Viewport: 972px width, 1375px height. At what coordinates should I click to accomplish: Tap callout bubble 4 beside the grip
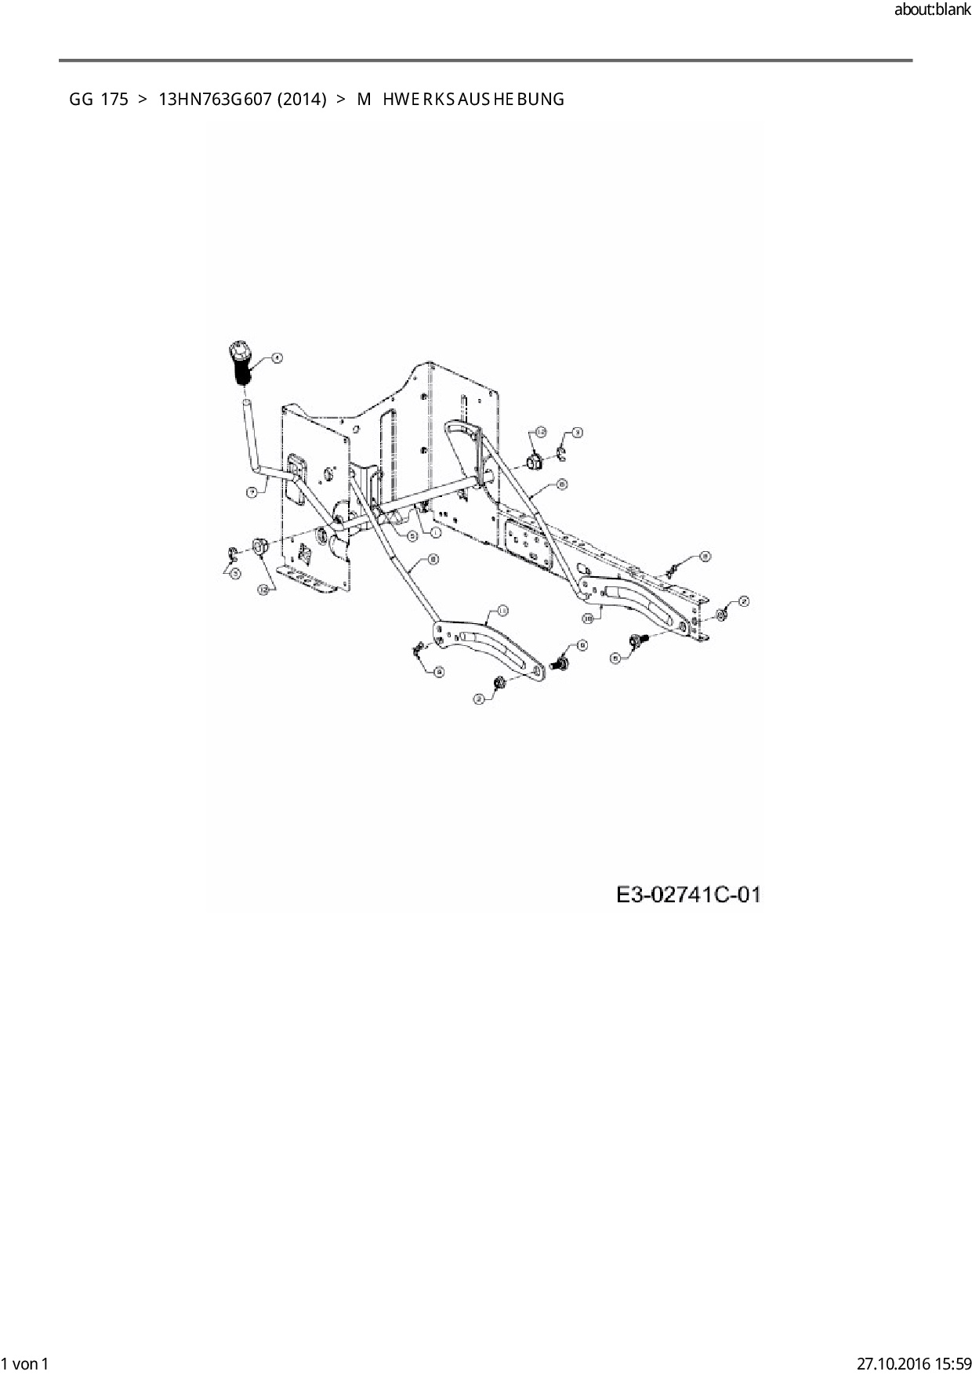276,358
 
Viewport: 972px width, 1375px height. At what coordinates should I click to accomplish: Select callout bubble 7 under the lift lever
252,492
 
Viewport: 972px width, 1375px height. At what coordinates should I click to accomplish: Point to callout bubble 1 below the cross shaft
435,531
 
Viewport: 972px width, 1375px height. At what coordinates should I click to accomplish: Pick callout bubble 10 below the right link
588,618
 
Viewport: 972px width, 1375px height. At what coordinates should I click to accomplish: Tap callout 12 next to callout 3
540,432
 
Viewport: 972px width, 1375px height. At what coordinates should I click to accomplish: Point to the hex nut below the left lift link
501,683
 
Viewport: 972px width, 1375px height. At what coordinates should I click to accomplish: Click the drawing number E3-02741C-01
688,894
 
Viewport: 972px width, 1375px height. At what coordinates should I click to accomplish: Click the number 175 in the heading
114,100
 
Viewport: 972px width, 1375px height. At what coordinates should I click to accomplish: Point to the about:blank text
932,10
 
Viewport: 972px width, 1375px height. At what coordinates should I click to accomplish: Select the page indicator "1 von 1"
26,1364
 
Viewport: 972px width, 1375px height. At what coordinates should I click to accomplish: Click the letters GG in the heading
81,100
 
